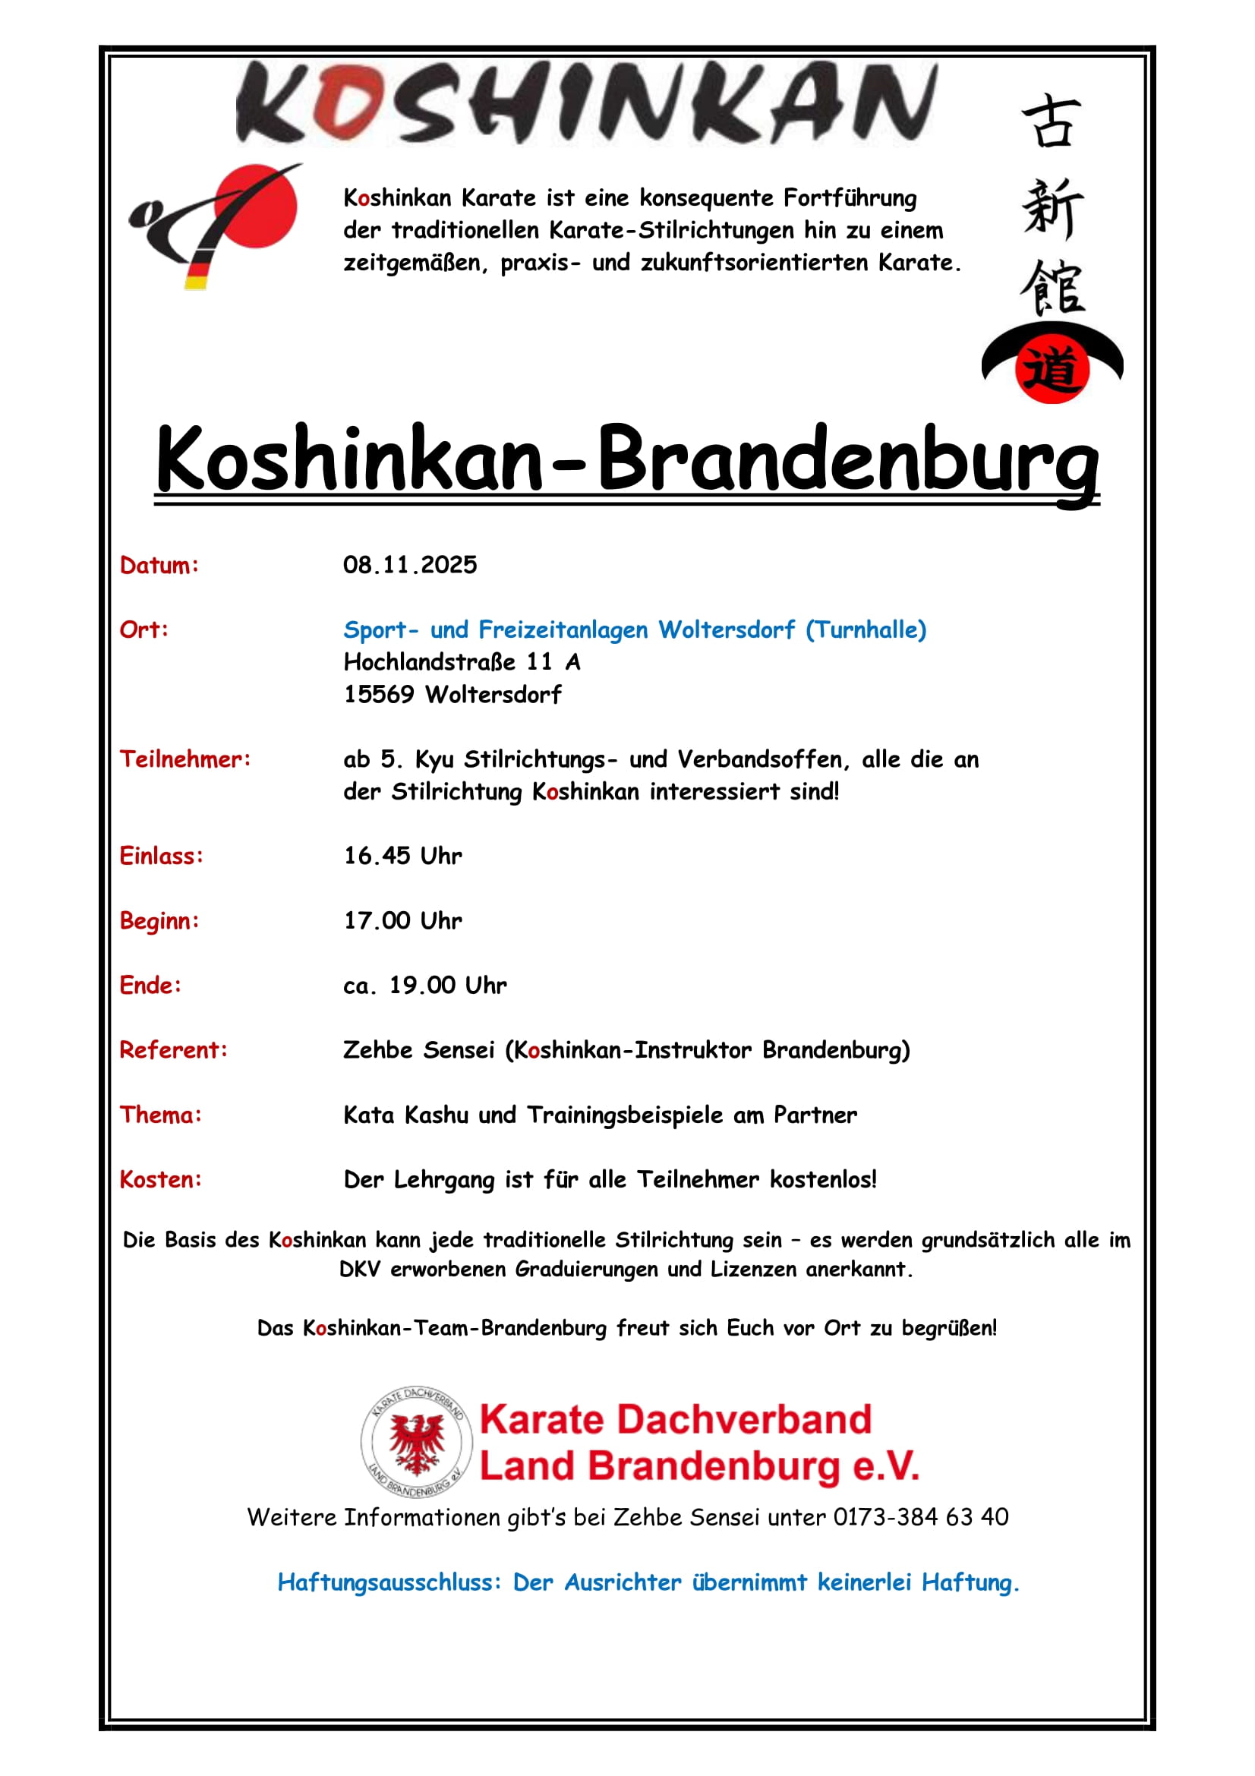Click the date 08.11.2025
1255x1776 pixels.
tap(410, 565)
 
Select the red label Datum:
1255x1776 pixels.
tap(159, 566)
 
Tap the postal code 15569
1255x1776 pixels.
tap(379, 694)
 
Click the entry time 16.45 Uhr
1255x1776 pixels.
tap(403, 856)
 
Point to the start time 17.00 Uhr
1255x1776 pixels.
tap(403, 920)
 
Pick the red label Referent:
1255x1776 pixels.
tap(174, 1049)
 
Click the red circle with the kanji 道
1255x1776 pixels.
tap(1052, 369)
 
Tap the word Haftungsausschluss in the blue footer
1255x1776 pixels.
tap(389, 1582)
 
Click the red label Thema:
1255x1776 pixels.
tap(161, 1115)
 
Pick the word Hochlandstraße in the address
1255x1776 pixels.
tap(429, 662)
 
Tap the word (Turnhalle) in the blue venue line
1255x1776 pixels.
tap(866, 629)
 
